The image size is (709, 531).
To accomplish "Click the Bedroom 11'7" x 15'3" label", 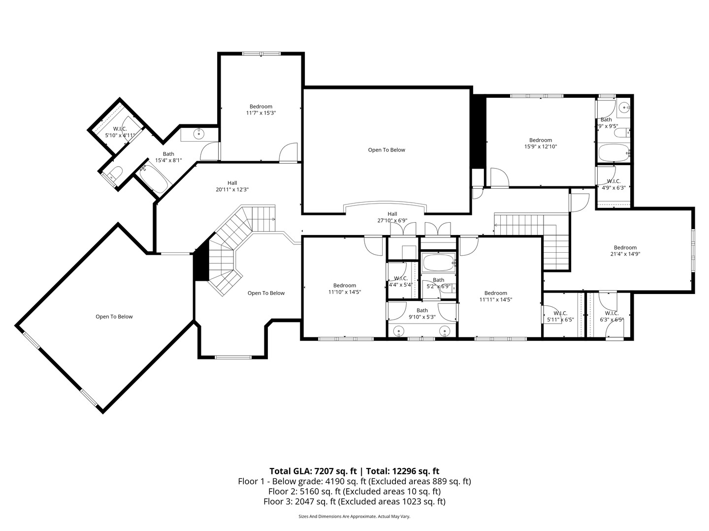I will click(260, 110).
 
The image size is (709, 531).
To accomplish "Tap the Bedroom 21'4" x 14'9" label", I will click(625, 251).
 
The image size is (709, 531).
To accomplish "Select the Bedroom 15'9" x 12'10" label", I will click(540, 143).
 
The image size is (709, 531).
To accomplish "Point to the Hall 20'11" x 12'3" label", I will click(232, 186).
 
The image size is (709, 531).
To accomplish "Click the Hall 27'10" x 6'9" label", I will click(392, 217).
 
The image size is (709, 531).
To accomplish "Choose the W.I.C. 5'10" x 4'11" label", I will click(120, 132).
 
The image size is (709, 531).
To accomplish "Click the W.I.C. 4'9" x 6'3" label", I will click(613, 184).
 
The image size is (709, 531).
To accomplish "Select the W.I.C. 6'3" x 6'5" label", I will click(612, 316).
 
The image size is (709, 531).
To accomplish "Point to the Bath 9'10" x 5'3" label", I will click(422, 314).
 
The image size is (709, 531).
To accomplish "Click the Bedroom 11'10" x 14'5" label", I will click(344, 289).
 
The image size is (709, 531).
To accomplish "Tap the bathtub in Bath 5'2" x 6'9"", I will click(437, 263).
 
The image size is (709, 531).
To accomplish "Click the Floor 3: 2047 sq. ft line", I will click(354, 501).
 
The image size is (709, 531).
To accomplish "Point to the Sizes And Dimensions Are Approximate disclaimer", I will click(354, 517).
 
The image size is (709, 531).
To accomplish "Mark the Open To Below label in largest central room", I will click(387, 150).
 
